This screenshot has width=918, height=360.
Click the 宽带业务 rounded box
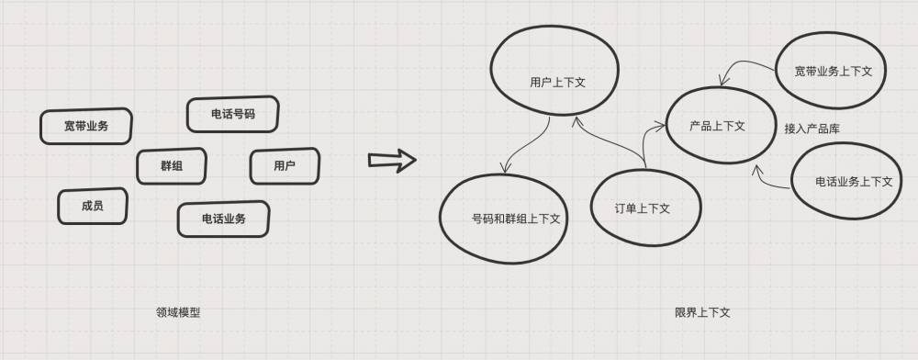click(86, 127)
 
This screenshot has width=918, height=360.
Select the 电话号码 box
click(232, 115)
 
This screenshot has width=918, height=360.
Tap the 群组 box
click(172, 166)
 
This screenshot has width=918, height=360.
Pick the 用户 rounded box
click(285, 166)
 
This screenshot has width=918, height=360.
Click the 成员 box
click(92, 207)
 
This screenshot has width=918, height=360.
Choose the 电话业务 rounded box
click(224, 219)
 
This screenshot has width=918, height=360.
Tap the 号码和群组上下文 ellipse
click(515, 219)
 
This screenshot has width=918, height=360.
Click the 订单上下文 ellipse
click(643, 208)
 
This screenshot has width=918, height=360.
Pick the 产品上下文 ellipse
click(718, 126)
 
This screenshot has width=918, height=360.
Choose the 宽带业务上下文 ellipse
click(832, 71)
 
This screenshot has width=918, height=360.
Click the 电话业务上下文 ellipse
click(852, 182)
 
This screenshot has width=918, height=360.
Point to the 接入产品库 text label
click(812, 129)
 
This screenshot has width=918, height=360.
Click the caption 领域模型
click(178, 312)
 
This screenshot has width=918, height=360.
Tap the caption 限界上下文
click(702, 312)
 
